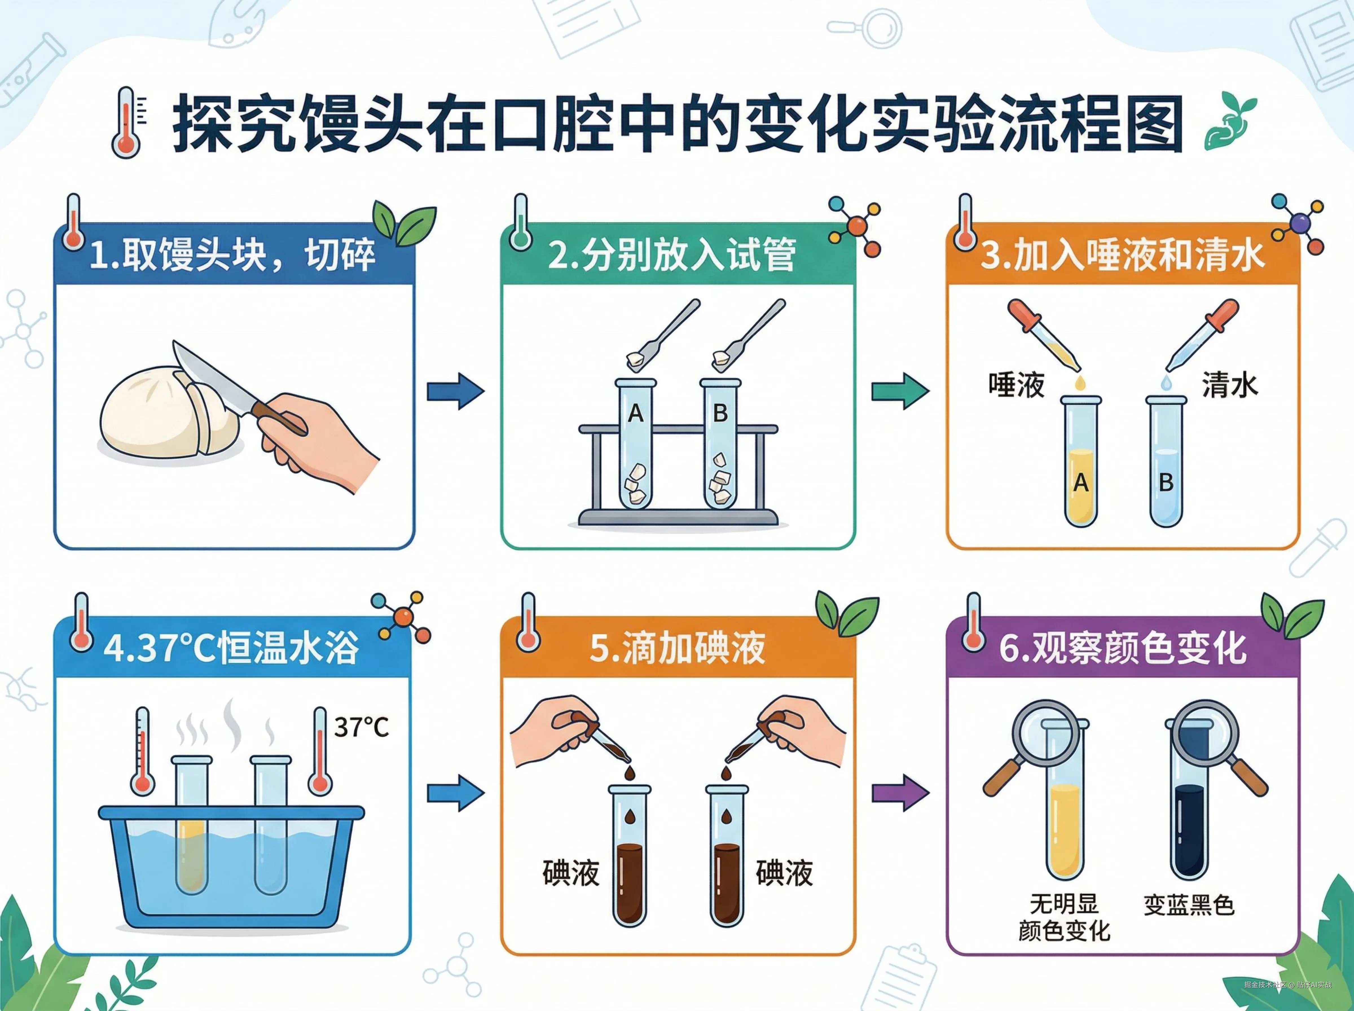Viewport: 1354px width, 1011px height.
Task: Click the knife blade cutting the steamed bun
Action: tap(211, 379)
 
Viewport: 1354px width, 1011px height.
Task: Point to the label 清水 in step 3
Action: tap(1230, 386)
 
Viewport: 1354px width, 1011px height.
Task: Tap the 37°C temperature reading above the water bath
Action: tap(361, 727)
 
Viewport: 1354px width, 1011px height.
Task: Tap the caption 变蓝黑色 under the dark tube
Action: tap(1189, 905)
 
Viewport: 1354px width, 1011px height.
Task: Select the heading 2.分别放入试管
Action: tap(672, 256)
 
